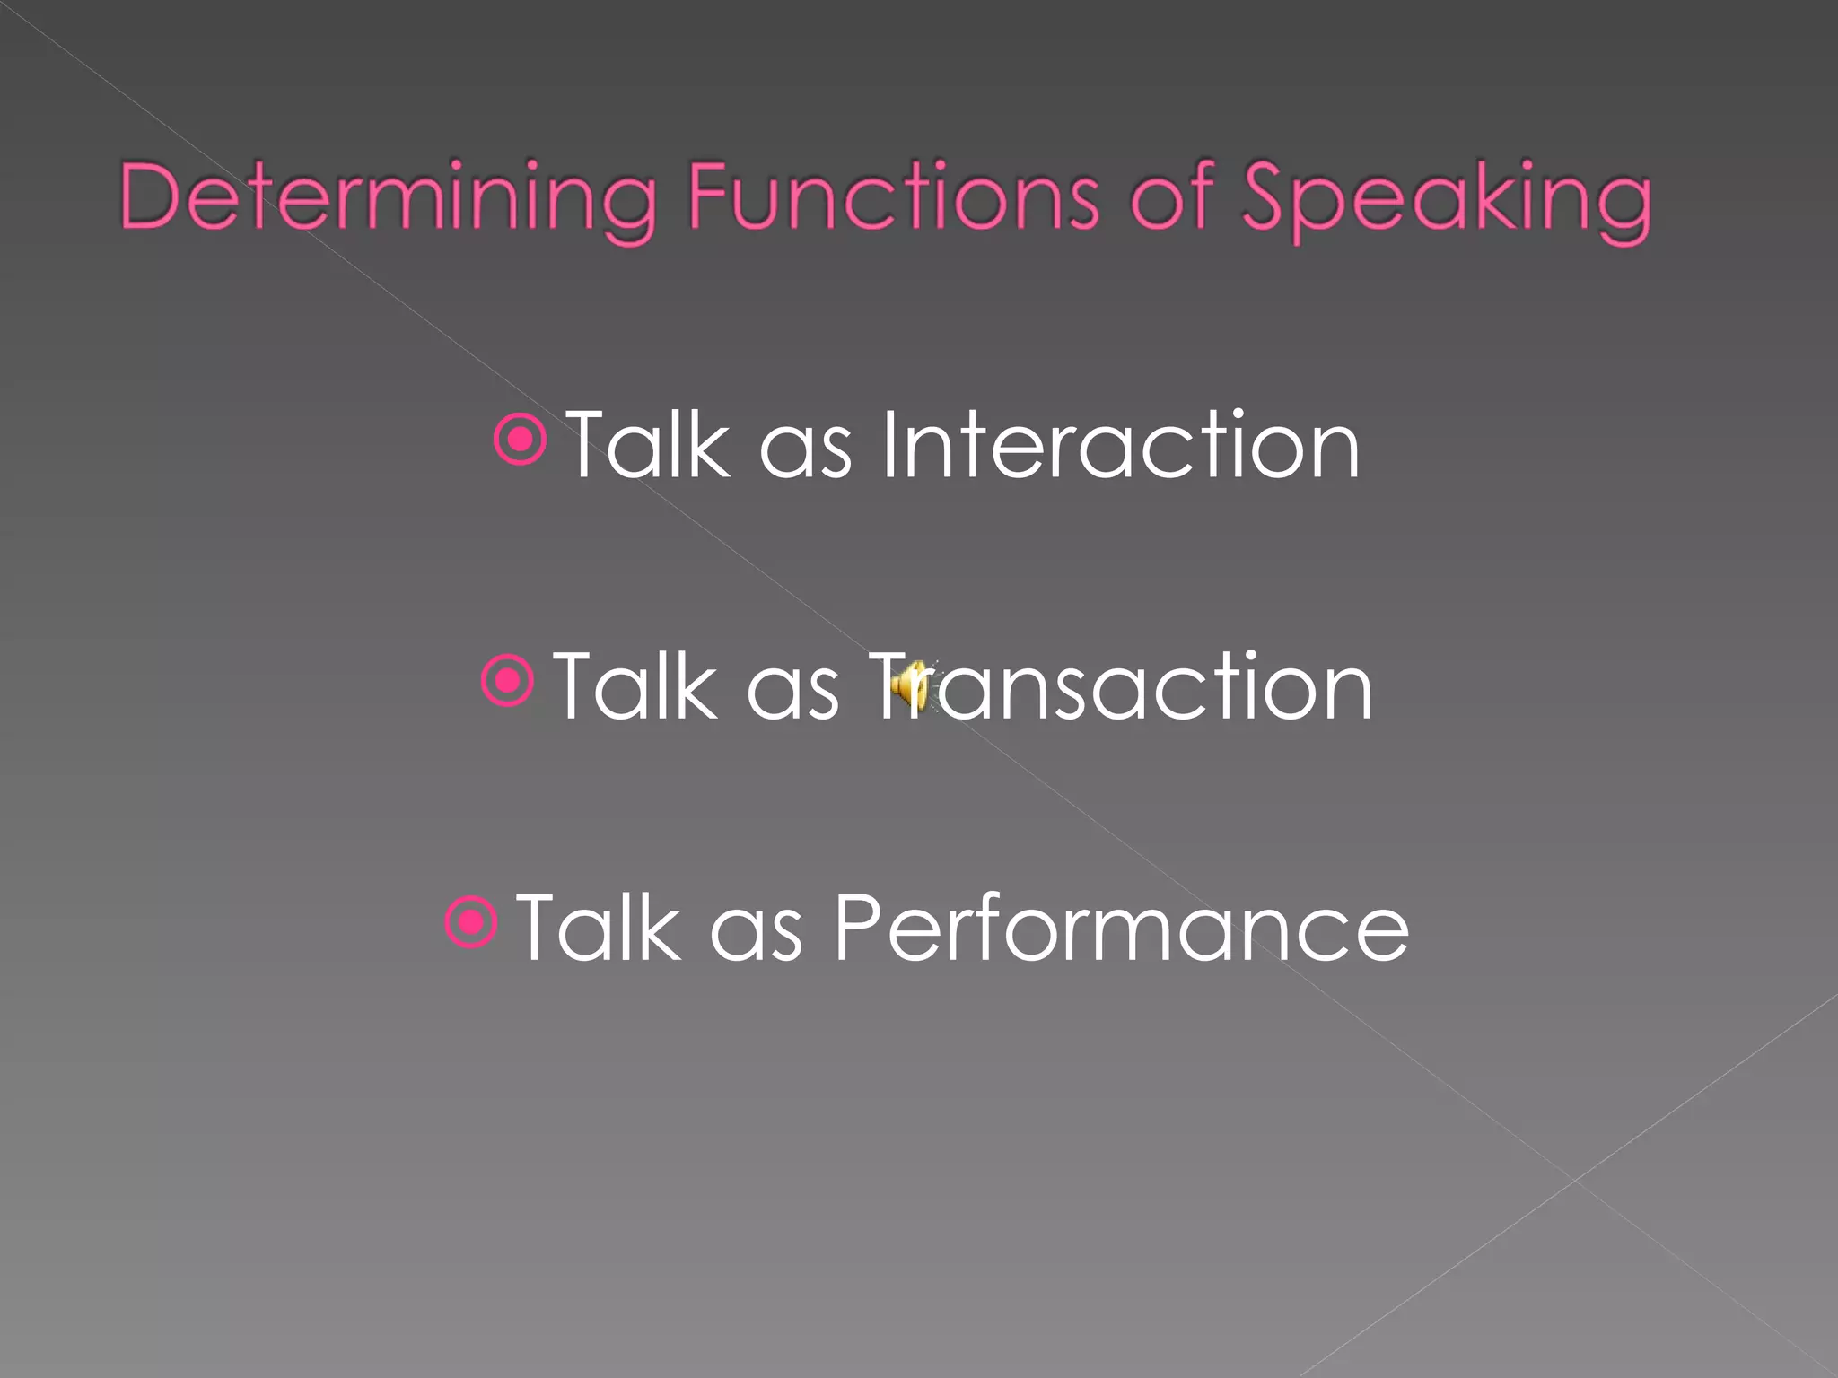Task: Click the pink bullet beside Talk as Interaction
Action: coord(521,440)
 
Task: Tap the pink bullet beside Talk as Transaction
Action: coord(508,681)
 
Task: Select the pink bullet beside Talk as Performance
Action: coord(471,921)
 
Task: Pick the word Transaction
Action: coord(1122,686)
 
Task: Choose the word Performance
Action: coord(1122,928)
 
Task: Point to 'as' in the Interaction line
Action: coord(805,453)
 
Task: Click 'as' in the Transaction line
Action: coord(792,694)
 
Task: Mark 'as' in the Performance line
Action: coord(756,936)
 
